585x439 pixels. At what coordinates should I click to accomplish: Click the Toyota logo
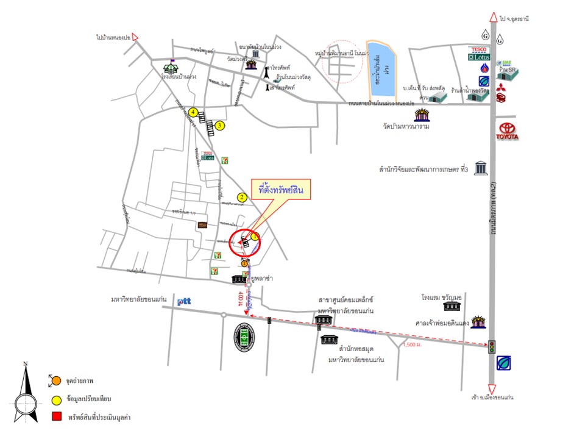pyautogui.click(x=509, y=132)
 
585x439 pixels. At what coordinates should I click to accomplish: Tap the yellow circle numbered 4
pyautogui.click(x=193, y=112)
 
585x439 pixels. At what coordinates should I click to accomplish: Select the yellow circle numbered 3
pyautogui.click(x=220, y=126)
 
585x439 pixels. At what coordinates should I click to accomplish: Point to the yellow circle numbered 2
pyautogui.click(x=242, y=197)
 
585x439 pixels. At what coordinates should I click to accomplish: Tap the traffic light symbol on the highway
pyautogui.click(x=491, y=346)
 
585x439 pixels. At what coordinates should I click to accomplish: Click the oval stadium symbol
pyautogui.click(x=246, y=335)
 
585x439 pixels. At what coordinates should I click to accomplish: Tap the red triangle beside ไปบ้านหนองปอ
pyautogui.click(x=135, y=37)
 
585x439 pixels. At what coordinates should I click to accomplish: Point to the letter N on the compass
pyautogui.click(x=25, y=364)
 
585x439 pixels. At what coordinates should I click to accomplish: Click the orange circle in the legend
pyautogui.click(x=55, y=381)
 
